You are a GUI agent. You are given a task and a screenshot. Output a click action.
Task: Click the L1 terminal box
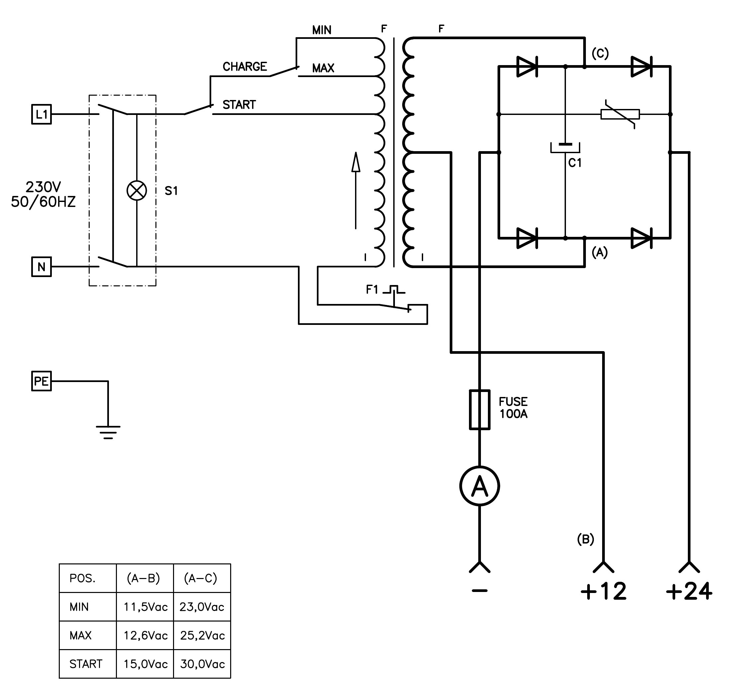tap(41, 114)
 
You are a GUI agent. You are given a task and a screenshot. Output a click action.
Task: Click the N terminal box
tap(41, 266)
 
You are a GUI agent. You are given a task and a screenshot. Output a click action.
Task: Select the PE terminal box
tap(41, 381)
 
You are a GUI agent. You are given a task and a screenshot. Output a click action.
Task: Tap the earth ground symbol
tap(108, 432)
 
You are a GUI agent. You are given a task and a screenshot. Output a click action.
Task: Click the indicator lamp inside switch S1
tap(137, 191)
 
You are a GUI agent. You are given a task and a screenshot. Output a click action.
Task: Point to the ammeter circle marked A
tap(480, 486)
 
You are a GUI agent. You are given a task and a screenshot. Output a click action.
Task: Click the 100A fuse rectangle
tap(480, 410)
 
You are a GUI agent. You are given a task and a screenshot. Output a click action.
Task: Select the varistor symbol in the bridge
tap(620, 114)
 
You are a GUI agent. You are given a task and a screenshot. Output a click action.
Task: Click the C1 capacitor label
tap(575, 162)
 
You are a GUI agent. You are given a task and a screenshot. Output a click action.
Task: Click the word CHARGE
tap(245, 66)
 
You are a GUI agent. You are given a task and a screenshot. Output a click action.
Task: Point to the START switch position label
tap(239, 105)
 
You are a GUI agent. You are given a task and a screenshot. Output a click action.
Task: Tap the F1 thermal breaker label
tap(372, 290)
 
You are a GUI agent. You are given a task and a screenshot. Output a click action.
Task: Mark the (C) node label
tap(600, 54)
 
